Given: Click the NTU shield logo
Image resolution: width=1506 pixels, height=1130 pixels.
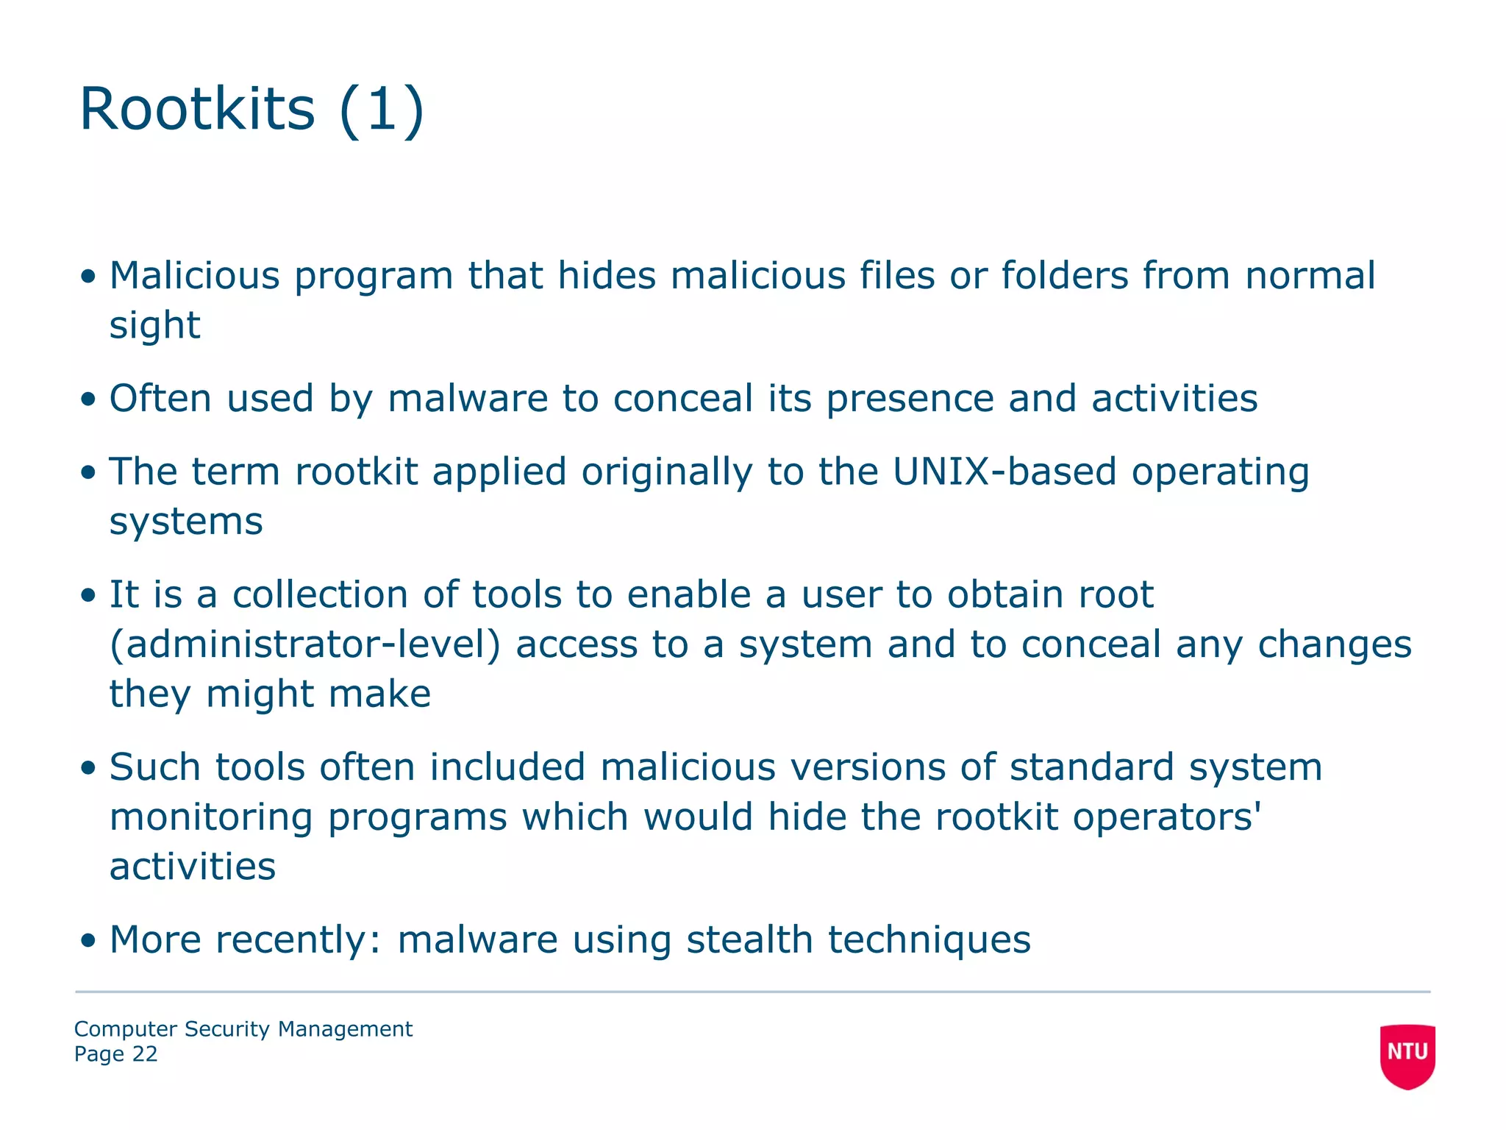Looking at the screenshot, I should pos(1407,1055).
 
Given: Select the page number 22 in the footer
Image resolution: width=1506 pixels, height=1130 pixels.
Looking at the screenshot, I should pos(145,1054).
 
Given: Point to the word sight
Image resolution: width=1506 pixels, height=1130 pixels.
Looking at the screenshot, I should pos(154,325).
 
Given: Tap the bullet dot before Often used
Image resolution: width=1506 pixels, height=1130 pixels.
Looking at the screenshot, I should pos(88,399).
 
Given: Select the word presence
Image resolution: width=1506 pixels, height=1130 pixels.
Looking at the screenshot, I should pos(910,399).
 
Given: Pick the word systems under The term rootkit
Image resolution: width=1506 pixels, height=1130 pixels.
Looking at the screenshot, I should pos(186,522).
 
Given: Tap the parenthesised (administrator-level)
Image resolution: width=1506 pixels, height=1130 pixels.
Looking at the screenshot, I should pos(304,644).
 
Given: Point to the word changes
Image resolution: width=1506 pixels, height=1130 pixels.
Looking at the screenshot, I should pos(1334,644).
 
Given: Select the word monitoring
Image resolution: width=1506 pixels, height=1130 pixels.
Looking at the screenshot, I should pos(210,817).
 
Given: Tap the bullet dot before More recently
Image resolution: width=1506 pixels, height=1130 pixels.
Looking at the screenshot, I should pos(88,940).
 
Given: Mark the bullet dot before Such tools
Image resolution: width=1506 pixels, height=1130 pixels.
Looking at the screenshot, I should pos(88,768).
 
